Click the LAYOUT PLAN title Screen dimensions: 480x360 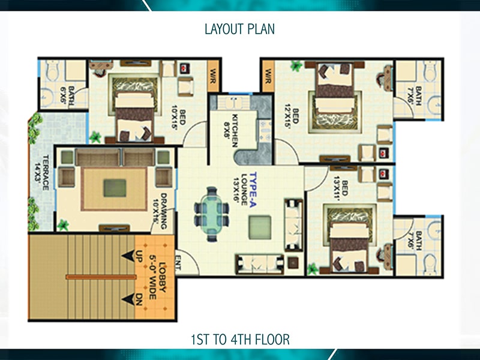(x=239, y=29)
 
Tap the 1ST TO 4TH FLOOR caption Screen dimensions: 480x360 (x=240, y=340)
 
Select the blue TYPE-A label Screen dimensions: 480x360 (x=253, y=190)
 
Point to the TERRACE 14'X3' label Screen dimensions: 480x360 (x=42, y=172)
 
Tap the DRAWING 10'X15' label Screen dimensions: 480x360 (x=160, y=211)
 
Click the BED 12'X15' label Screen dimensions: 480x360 (x=292, y=117)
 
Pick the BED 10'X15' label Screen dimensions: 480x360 (x=178, y=118)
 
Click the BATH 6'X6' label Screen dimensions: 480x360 (x=67, y=96)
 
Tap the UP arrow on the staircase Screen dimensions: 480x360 (x=128, y=256)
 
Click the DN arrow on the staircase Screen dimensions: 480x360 (x=128, y=299)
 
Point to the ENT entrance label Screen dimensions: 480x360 (x=178, y=263)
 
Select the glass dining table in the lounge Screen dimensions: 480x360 (x=212, y=214)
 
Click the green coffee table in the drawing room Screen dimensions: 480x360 (x=115, y=188)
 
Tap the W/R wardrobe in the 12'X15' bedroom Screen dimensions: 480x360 (x=268, y=76)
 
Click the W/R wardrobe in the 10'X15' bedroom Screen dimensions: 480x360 (x=213, y=76)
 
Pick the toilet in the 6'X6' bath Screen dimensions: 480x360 (x=53, y=70)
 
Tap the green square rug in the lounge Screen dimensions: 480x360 (x=260, y=227)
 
